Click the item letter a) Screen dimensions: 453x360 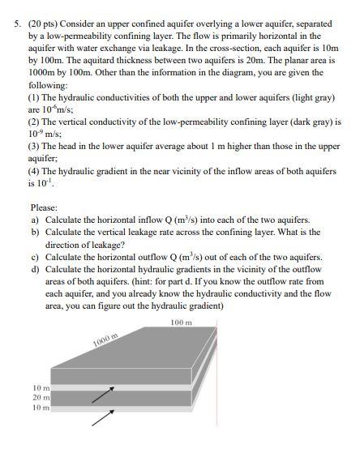point(35,220)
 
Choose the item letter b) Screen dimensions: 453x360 point(35,232)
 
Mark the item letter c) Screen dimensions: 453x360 point(35,257)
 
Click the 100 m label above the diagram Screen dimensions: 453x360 point(182,322)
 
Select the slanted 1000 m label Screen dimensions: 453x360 point(105,340)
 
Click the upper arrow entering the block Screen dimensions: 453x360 point(101,393)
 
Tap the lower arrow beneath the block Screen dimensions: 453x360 point(101,418)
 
